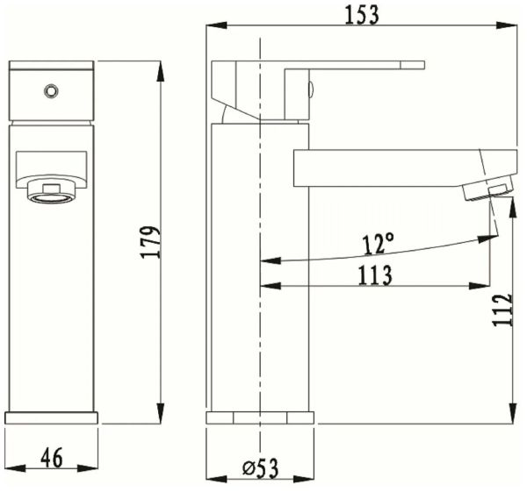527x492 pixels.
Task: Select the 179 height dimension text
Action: tap(150, 242)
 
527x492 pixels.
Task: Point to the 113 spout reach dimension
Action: tap(375, 275)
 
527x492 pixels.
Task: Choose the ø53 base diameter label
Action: tap(260, 469)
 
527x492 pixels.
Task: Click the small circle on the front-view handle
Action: tap(51, 89)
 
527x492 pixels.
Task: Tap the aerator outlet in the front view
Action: tap(52, 192)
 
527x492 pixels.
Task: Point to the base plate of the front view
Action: tap(51, 417)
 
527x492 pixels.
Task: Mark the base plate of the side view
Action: tap(260, 417)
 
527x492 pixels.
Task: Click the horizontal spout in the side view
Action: tap(386, 167)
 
